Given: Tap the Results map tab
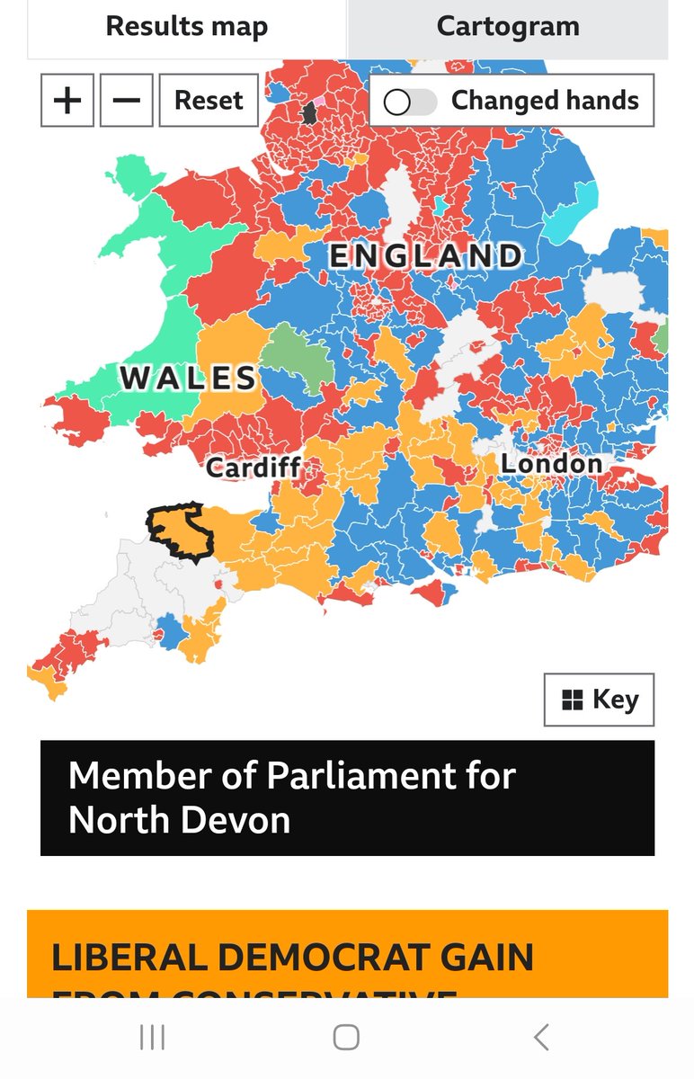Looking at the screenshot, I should [186, 27].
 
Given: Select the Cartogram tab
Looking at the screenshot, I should [508, 27].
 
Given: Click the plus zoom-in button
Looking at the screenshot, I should [67, 100].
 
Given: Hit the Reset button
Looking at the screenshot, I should [209, 100].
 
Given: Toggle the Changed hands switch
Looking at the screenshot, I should [410, 102].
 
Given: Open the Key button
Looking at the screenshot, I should [599, 700].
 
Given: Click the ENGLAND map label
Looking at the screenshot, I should [425, 256].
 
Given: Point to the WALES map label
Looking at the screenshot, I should [189, 378].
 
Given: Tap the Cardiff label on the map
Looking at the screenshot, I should [253, 468].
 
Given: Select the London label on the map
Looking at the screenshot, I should [551, 464].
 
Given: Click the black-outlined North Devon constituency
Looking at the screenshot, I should [183, 532].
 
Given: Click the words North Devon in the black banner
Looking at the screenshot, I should [179, 820].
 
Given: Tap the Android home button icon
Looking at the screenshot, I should [346, 1038].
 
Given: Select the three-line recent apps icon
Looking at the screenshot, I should [152, 1038].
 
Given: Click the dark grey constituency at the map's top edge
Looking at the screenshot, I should [311, 112].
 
